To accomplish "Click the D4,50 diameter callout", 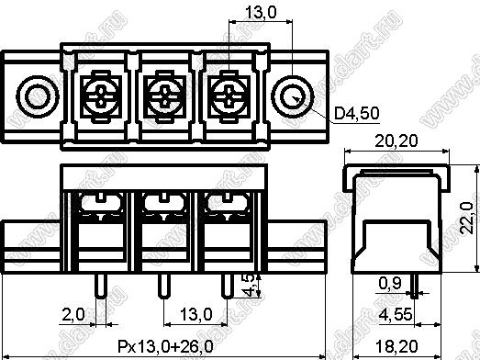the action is [357, 113].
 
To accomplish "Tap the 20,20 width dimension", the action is [396, 141].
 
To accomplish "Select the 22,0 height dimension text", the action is [467, 219].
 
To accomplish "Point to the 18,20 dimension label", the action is [396, 346].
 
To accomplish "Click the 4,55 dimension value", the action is [396, 314].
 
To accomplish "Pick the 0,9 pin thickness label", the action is [390, 283].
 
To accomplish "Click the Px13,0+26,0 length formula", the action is [165, 346].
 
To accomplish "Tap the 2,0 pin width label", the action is [73, 314].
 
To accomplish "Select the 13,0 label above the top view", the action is [261, 13].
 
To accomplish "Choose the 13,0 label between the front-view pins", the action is [195, 314].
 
